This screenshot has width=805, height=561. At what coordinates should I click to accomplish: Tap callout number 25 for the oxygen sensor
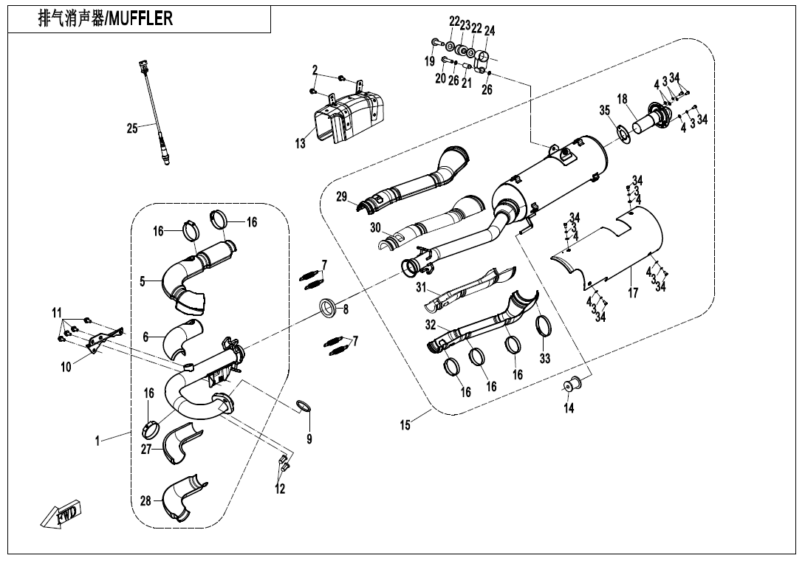click(x=132, y=128)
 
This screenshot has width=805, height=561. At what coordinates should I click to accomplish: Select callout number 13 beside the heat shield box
click(x=301, y=145)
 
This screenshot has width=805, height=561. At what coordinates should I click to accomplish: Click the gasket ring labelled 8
click(x=328, y=308)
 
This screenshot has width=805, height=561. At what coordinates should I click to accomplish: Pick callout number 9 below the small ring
click(x=309, y=440)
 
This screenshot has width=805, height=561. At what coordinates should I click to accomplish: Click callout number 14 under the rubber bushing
click(x=569, y=408)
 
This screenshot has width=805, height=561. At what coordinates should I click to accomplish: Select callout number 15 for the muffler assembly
click(x=405, y=426)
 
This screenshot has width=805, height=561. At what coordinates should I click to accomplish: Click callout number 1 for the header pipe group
click(x=97, y=441)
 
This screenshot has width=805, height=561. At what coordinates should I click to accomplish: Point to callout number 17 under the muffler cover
click(x=633, y=293)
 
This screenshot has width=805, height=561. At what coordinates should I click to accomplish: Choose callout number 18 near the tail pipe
click(x=623, y=99)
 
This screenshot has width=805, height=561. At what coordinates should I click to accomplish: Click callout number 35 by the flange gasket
click(x=605, y=111)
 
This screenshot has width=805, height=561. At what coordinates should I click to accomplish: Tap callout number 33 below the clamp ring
click(x=545, y=359)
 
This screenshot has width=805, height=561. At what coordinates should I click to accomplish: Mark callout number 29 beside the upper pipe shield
click(x=341, y=196)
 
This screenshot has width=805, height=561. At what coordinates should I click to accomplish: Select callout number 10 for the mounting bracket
click(x=66, y=366)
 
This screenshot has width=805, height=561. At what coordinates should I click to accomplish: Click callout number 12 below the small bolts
click(x=281, y=488)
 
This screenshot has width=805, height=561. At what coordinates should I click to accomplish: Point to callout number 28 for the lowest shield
click(x=145, y=501)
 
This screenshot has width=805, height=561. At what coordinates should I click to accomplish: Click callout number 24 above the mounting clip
click(x=490, y=30)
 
